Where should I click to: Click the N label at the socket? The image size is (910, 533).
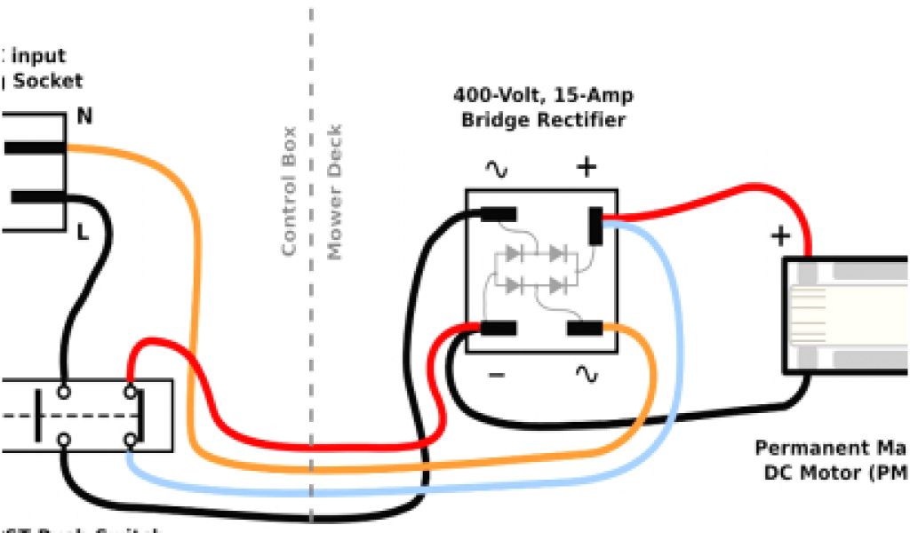pos(85,116)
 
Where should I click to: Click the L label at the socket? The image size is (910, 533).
pos(83,234)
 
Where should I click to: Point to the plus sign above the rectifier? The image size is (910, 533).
pos(587,167)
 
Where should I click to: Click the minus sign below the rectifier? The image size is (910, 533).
pos(497,375)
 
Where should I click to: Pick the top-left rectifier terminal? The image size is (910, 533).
pos(499,214)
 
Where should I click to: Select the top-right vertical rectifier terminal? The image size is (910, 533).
pos(595,226)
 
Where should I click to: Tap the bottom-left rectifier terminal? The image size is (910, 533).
pos(499,329)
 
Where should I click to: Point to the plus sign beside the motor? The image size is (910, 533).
pos(780,235)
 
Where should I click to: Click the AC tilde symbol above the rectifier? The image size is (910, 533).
pos(497,168)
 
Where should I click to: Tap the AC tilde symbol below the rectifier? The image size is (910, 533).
pos(587,375)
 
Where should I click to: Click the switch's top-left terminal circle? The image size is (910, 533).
pos(64,391)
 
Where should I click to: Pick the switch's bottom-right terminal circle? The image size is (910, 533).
pos(131,439)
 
